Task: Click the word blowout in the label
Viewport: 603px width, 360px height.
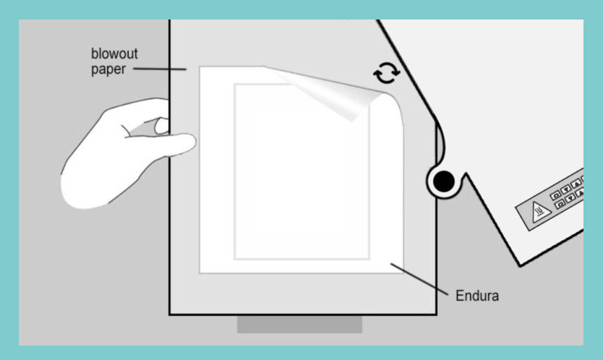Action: pos(114,53)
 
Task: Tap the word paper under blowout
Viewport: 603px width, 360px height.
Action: pos(108,69)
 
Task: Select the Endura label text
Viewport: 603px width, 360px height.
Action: pos(477,296)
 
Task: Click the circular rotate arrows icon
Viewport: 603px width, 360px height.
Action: pos(387,73)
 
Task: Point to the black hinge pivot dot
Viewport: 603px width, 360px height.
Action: pos(444,181)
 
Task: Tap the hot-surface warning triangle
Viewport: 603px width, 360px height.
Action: pos(540,212)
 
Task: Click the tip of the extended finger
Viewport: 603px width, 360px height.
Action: pos(195,142)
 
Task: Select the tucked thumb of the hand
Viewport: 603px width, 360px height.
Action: pos(161,125)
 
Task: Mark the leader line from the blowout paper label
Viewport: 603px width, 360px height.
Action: pos(160,69)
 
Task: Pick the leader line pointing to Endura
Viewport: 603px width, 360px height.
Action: pos(419,279)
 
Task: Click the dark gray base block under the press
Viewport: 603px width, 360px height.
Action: pos(299,325)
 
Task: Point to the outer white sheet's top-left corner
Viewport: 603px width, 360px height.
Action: pos(200,67)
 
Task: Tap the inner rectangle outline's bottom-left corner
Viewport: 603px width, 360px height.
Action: pos(235,259)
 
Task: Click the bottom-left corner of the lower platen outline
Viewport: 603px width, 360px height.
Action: pos(170,314)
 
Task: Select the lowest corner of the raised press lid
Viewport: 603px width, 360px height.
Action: pos(520,265)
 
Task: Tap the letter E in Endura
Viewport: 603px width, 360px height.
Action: pos(460,296)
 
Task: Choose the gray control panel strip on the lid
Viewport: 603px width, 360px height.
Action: pos(551,200)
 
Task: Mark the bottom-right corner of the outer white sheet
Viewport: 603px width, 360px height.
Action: pos(403,273)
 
